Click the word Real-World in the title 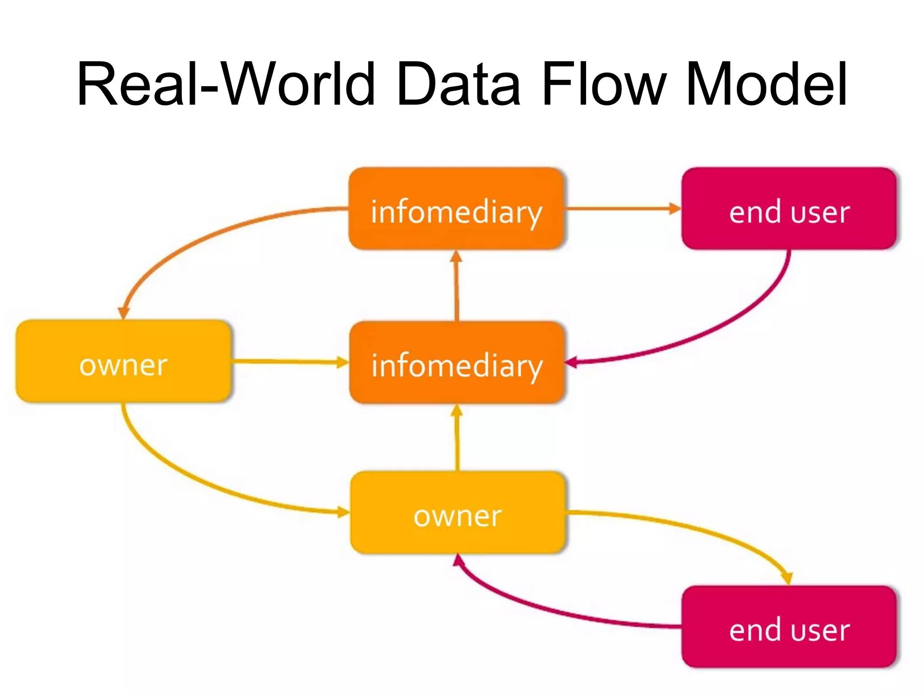[x=226, y=85]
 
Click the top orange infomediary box [x=456, y=208]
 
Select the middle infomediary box [x=457, y=362]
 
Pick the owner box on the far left [x=123, y=361]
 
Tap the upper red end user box [x=789, y=208]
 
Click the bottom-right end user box [x=789, y=627]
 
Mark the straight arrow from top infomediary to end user [x=623, y=208]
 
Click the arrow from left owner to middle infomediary [x=289, y=361]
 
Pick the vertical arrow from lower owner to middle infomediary [x=457, y=438]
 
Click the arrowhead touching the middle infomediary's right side [x=571, y=362]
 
